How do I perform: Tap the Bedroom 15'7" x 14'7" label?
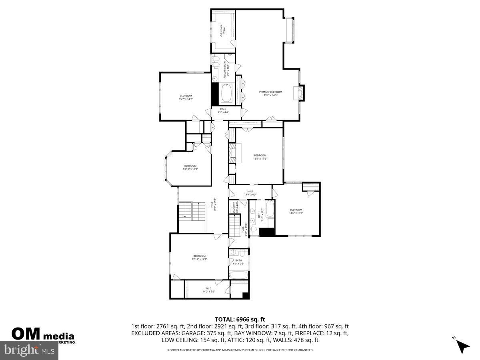point(186,97)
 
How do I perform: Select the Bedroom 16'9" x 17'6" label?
point(260,157)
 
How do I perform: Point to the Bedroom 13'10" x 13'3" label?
point(190,167)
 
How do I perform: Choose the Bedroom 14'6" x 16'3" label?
point(296,211)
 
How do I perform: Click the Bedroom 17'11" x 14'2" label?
point(199,258)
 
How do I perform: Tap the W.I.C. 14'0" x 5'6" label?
point(209,290)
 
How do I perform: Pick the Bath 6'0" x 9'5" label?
point(239,262)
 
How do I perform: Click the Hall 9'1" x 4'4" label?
point(223,110)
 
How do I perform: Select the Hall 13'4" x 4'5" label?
point(250,193)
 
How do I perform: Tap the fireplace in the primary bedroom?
point(298,93)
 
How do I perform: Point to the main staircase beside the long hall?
point(191,210)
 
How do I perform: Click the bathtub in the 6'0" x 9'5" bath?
point(239,276)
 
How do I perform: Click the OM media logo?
point(42,334)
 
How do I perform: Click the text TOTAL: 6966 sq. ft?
point(240,319)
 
